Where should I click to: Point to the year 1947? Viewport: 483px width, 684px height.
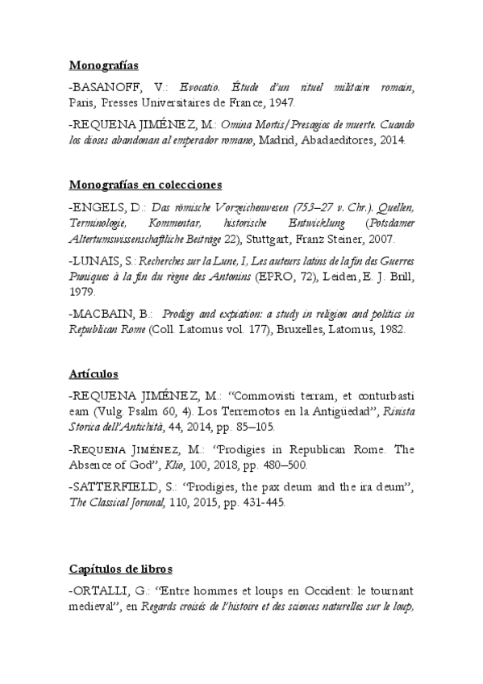coord(281,102)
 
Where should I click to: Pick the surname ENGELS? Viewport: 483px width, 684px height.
coord(97,206)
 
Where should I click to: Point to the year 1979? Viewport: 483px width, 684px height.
coord(81,292)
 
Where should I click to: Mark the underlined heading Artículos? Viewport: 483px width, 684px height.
coord(93,374)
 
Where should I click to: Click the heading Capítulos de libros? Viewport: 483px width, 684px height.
coord(121,569)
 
